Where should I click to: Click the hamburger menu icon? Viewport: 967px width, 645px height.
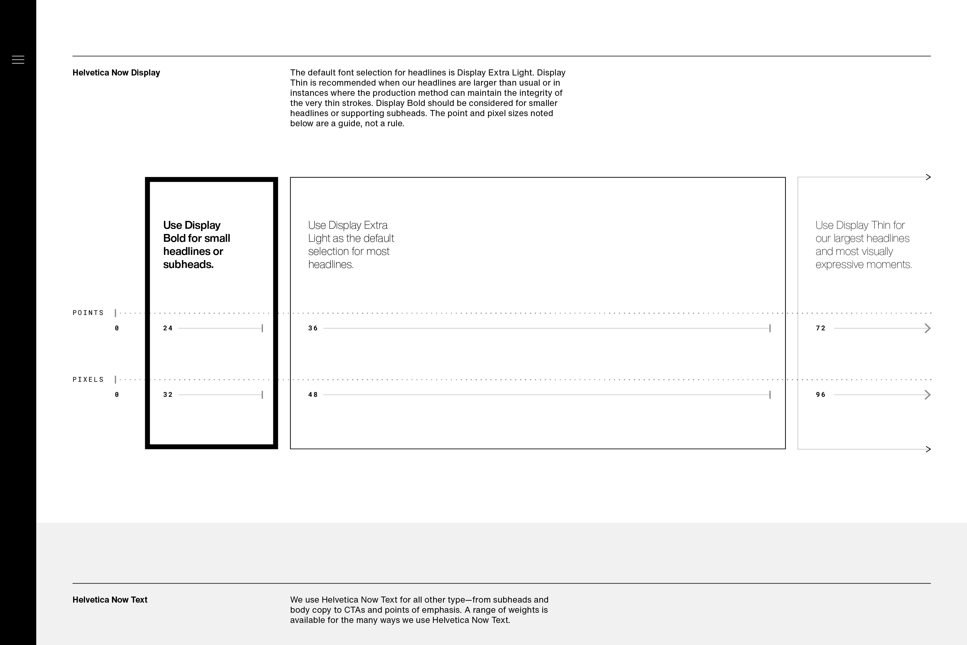click(x=18, y=60)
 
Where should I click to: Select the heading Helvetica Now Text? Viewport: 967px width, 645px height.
click(x=110, y=600)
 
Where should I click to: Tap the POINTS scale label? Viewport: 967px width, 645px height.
click(x=88, y=313)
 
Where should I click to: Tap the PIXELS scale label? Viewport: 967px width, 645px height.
click(x=88, y=379)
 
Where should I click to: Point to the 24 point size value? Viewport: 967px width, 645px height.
click(x=168, y=328)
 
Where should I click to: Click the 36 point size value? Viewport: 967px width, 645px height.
click(x=313, y=328)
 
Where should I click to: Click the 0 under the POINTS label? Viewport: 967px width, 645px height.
click(x=117, y=328)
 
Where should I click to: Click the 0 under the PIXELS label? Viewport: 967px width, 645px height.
click(x=117, y=394)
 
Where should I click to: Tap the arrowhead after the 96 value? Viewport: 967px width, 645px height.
click(x=928, y=395)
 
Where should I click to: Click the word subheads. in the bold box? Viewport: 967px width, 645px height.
click(x=188, y=264)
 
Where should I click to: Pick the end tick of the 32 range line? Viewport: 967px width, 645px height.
click(x=262, y=395)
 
